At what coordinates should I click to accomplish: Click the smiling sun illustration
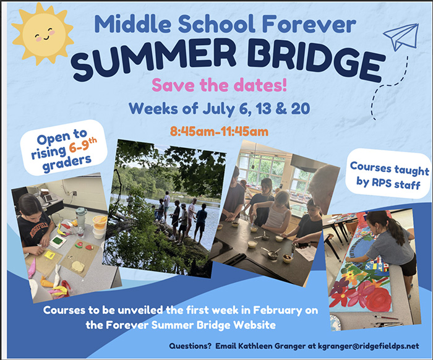tap(43, 33)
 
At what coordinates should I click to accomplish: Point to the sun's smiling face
tap(43, 35)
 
